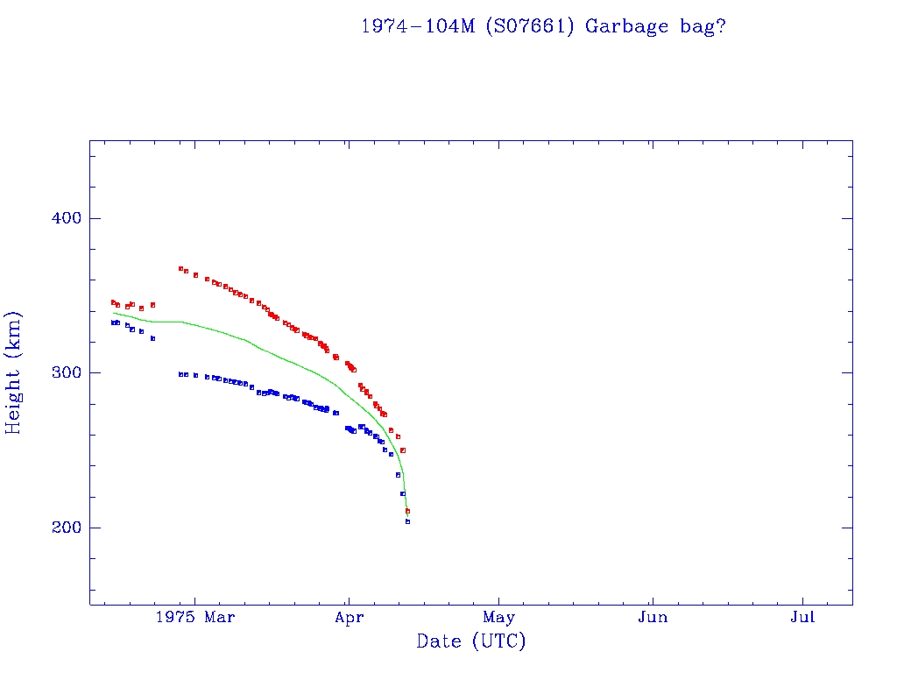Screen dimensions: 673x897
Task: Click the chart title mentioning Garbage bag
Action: click(x=543, y=26)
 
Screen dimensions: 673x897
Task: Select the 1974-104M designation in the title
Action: click(x=419, y=26)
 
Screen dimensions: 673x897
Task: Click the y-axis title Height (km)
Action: click(x=14, y=372)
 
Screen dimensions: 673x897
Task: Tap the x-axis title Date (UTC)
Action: click(x=470, y=641)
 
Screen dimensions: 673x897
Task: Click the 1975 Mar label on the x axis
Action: click(x=194, y=618)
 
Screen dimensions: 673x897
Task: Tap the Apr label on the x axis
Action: click(x=348, y=618)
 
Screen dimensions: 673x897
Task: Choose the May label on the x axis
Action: click(x=499, y=618)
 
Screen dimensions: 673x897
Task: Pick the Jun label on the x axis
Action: click(x=653, y=618)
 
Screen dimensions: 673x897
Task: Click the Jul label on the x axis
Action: click(x=802, y=618)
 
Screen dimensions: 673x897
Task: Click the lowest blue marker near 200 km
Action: click(x=407, y=521)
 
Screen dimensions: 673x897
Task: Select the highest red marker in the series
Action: click(x=180, y=269)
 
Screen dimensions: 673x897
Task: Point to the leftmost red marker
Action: click(x=113, y=302)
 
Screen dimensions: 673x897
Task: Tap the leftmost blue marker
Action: click(x=113, y=322)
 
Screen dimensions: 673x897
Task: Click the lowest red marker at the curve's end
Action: click(x=407, y=511)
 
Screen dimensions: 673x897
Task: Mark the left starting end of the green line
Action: click(x=114, y=313)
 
